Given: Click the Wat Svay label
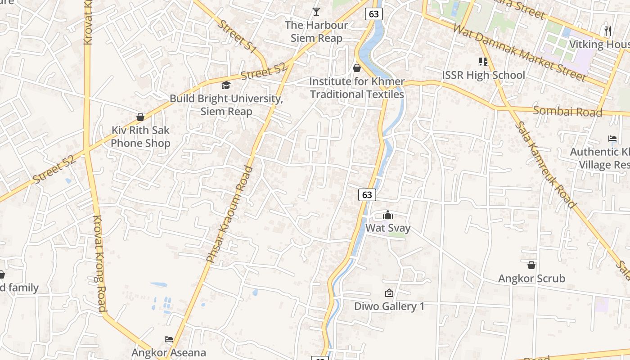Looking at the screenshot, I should pyautogui.click(x=387, y=228).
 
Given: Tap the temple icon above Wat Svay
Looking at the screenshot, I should pyautogui.click(x=388, y=215).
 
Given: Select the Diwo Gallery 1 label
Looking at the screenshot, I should pyautogui.click(x=389, y=306).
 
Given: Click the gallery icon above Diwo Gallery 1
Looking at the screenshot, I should pyautogui.click(x=389, y=293).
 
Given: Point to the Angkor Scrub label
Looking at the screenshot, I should pyautogui.click(x=531, y=279).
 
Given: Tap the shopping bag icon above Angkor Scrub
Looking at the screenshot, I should pyautogui.click(x=531, y=265).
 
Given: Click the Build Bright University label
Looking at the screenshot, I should pyautogui.click(x=226, y=105).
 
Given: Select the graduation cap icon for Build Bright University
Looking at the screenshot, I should pyautogui.click(x=226, y=85).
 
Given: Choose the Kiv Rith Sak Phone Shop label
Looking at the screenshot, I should pyautogui.click(x=140, y=137).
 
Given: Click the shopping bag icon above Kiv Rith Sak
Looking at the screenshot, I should pyautogui.click(x=140, y=117).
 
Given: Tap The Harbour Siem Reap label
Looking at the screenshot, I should pyautogui.click(x=316, y=31).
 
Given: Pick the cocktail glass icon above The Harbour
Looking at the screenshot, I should pyautogui.click(x=316, y=12).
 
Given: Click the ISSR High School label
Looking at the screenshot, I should pyautogui.click(x=483, y=75).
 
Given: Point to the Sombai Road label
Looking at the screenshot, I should pyautogui.click(x=567, y=111).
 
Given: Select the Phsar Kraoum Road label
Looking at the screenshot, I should pyautogui.click(x=229, y=214).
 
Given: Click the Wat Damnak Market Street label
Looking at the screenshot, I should pyautogui.click(x=520, y=53).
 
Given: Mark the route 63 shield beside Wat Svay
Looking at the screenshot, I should pyautogui.click(x=367, y=194).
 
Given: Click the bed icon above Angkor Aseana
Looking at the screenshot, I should pyautogui.click(x=169, y=339).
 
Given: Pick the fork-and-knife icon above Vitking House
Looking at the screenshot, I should pyautogui.click(x=608, y=31).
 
